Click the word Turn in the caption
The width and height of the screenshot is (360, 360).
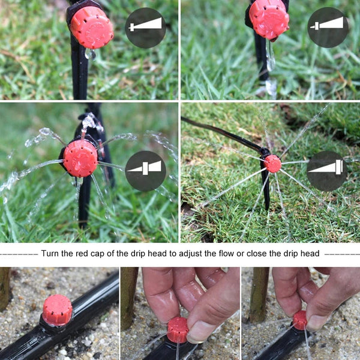[x=50, y=253]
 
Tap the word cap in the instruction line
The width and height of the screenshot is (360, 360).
[x=100, y=253]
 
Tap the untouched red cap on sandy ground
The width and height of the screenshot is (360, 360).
[x=58, y=310]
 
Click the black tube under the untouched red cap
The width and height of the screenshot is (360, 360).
[x=90, y=306]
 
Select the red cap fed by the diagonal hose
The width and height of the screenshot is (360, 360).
[x=272, y=163]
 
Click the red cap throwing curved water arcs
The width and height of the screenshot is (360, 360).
[x=80, y=158]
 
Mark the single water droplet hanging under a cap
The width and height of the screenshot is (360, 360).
[x=91, y=54]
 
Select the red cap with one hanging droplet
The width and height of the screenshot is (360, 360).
[x=91, y=27]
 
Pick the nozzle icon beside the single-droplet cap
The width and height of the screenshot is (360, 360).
[x=145, y=28]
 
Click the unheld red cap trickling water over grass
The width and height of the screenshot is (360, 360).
[x=269, y=18]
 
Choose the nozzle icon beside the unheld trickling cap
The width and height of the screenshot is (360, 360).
[x=328, y=28]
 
